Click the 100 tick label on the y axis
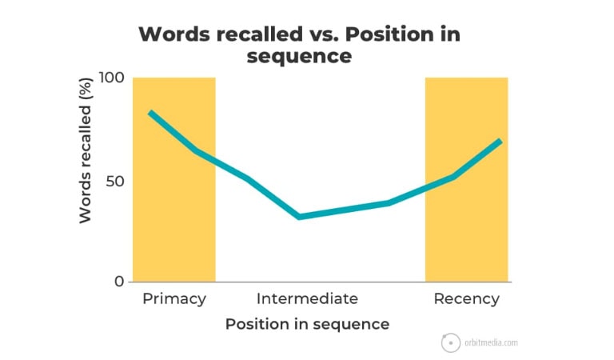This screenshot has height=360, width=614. tap(112, 78)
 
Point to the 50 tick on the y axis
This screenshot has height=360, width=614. tap(115, 182)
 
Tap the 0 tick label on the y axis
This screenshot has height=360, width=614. tap(119, 282)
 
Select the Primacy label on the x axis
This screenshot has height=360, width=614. tap(174, 299)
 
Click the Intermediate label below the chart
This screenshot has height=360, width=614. tap(307, 298)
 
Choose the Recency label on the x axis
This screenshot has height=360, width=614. tap(466, 299)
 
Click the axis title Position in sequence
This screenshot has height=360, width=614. tap(307, 324)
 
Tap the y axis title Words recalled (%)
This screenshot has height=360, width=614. tap(86, 151)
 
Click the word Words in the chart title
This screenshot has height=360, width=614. tap(174, 34)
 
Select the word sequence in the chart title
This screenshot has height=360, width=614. tap(299, 56)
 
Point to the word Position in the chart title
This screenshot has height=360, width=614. tap(389, 34)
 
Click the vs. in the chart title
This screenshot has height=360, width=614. tap(324, 35)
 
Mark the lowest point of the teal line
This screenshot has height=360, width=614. tap(299, 217)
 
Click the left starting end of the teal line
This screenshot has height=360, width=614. tap(150, 113)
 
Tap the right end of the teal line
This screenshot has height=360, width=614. tap(500, 141)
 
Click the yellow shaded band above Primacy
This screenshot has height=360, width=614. tap(173, 179)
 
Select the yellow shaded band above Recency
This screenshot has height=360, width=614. tap(467, 179)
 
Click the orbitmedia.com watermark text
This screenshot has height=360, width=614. tap(491, 342)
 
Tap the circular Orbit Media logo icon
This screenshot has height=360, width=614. tap(451, 342)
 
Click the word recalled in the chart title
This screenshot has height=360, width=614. tap(259, 34)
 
